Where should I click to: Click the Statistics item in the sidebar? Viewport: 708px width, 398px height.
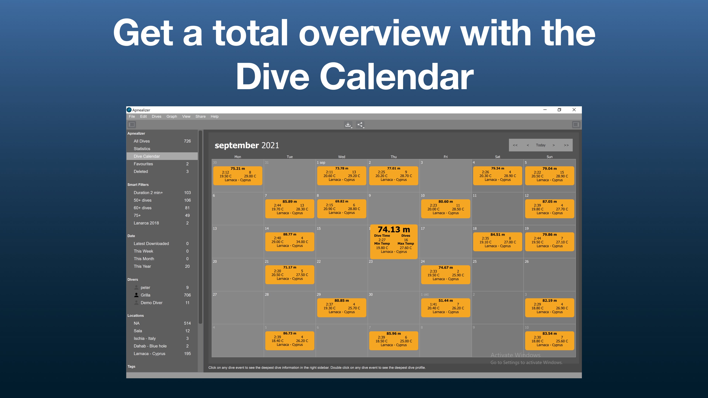point(142,149)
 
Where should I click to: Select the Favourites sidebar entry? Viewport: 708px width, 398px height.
point(143,164)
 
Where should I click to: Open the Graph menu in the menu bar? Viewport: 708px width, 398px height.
point(171,116)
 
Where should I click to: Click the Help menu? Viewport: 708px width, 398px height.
point(214,116)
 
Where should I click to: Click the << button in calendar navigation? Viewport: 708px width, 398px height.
point(515,145)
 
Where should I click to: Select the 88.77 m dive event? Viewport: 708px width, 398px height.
point(289,242)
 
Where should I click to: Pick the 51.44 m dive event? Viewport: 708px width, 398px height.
point(445,308)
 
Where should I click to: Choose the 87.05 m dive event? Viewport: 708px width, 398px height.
point(549,209)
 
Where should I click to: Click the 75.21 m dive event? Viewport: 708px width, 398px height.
point(237,176)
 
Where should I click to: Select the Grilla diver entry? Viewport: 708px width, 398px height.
point(145,295)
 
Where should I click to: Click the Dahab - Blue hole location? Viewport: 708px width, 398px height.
point(150,346)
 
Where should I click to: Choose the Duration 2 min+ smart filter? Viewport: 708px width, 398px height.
point(148,193)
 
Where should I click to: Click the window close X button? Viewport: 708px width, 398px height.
point(574,110)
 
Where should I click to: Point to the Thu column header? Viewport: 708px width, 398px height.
point(394,157)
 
